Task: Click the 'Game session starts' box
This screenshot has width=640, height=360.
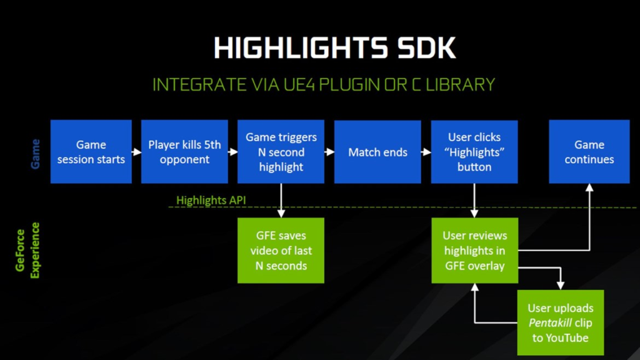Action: (x=91, y=152)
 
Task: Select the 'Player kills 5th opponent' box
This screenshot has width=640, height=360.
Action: (x=184, y=152)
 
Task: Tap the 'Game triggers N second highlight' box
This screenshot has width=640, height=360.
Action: (x=281, y=152)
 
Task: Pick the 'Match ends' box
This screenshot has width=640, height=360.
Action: (x=377, y=152)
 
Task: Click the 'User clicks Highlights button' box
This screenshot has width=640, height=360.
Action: (x=474, y=152)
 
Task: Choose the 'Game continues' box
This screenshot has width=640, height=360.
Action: (x=589, y=152)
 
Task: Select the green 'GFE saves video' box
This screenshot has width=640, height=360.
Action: (x=281, y=251)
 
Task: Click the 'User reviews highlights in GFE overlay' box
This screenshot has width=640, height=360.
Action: (x=474, y=251)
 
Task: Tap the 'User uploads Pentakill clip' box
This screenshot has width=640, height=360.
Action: (x=561, y=322)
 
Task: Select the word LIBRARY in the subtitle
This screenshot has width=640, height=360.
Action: (x=458, y=84)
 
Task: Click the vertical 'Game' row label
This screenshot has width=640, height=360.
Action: (x=36, y=153)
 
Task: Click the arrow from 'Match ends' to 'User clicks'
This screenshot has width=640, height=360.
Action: (x=426, y=152)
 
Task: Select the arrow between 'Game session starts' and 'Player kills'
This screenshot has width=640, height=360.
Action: (x=136, y=152)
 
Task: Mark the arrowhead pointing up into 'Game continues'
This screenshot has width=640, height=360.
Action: (x=589, y=187)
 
